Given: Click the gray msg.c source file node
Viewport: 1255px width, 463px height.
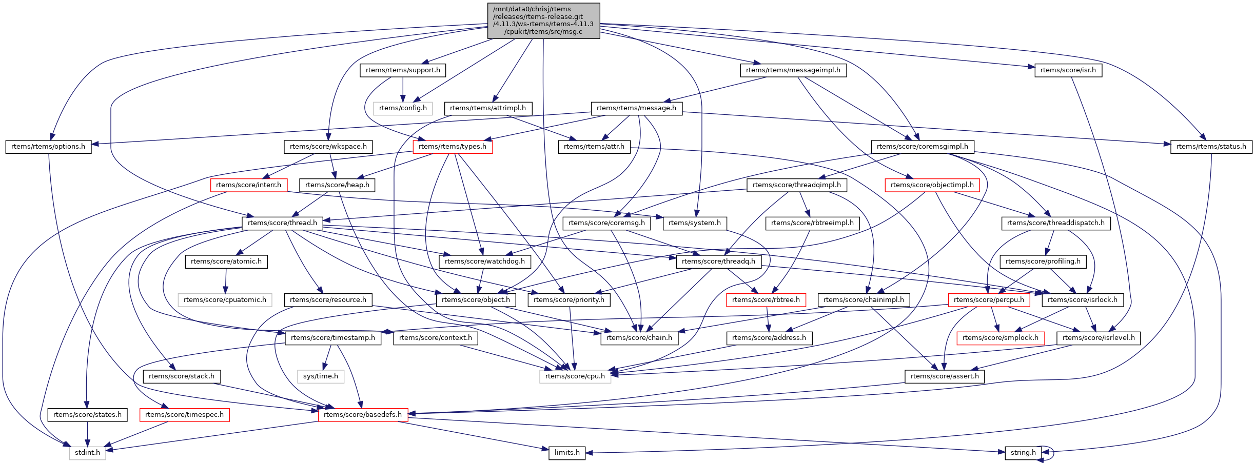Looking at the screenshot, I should (x=543, y=21).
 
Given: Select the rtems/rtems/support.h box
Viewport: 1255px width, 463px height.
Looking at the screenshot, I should (x=403, y=70).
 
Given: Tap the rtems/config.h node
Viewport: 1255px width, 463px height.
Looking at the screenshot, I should (x=403, y=108).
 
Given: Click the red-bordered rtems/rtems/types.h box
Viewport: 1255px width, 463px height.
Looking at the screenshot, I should (x=453, y=147).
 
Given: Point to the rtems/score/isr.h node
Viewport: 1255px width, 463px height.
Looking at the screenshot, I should (x=1068, y=70).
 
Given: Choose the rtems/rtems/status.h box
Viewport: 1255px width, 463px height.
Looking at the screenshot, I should (x=1211, y=147).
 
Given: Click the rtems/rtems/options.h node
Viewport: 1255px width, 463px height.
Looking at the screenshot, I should (x=48, y=147).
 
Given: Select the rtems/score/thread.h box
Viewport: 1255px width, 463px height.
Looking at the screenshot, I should (x=282, y=223).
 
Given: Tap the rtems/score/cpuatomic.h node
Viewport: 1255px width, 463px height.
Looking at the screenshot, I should (x=225, y=300).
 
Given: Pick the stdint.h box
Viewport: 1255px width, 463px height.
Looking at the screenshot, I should (x=87, y=453).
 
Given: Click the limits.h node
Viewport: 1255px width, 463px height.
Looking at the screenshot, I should (x=567, y=453).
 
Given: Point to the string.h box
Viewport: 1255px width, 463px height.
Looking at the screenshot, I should (x=1023, y=453).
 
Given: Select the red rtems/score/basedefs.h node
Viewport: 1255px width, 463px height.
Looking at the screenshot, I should (x=363, y=415).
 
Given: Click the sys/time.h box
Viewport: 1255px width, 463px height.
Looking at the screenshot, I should (x=321, y=376).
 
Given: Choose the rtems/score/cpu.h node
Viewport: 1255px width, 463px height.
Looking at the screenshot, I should (x=575, y=376).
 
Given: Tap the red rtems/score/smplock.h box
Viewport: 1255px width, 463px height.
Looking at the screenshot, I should (x=1001, y=338).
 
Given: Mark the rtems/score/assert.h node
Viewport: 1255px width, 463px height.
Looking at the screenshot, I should (x=945, y=376).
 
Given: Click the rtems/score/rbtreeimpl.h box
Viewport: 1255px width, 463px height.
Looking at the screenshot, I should (x=812, y=223).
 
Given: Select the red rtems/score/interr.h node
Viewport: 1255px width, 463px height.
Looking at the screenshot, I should (x=249, y=185).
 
